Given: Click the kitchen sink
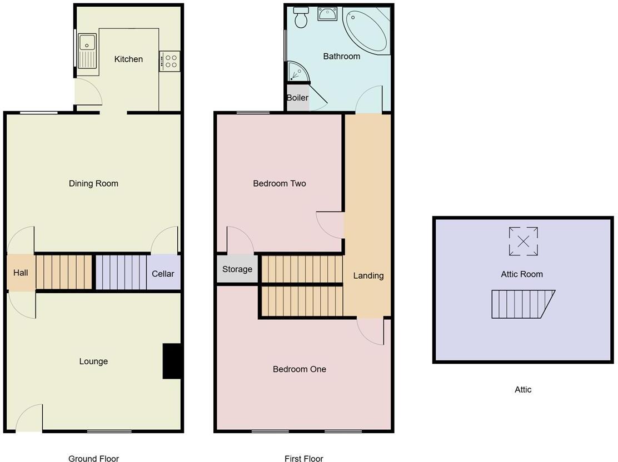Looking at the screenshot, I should point(88,50).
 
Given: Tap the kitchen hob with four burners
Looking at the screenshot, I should point(170,61).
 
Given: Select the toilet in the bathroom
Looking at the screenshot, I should point(302,18).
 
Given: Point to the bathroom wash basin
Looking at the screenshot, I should point(327,14).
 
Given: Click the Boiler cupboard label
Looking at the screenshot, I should point(297,98).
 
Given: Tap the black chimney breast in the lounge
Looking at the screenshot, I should point(172,361).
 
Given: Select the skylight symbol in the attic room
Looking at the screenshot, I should point(523,241).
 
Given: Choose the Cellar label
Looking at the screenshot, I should point(163,273).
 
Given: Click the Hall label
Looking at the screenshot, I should point(21,273).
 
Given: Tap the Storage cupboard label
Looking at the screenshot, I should point(237,269).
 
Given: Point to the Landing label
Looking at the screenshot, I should point(368,275).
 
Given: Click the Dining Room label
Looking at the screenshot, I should point(93,183).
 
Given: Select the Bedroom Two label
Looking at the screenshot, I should point(279,183).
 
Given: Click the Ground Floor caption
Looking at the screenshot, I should point(93,458).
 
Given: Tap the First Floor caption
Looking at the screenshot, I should point(303,458).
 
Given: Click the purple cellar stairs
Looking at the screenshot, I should point(121,272).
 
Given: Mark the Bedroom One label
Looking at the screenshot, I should point(299,369).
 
